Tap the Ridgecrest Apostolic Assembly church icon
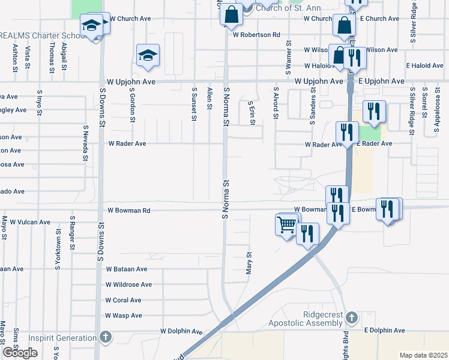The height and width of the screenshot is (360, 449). [352, 316]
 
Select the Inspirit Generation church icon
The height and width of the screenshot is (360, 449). [106, 337]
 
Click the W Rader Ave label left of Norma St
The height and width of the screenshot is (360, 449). [127, 144]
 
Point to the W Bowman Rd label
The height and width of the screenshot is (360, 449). [129, 211]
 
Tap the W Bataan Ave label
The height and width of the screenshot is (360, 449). [126, 269]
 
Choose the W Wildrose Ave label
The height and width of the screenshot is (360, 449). [128, 284]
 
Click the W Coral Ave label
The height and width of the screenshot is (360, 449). [123, 300]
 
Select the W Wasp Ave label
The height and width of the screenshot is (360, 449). [124, 316]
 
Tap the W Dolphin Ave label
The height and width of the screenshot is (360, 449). [181, 331]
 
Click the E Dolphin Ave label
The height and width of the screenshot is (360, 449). [384, 331]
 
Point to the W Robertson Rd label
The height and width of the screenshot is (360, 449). [256, 35]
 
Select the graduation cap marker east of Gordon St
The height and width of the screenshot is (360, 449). [148, 55]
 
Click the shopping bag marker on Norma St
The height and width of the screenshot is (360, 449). [231, 14]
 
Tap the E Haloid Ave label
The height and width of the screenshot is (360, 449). [424, 65]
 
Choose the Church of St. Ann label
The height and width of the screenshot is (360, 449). [288, 8]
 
